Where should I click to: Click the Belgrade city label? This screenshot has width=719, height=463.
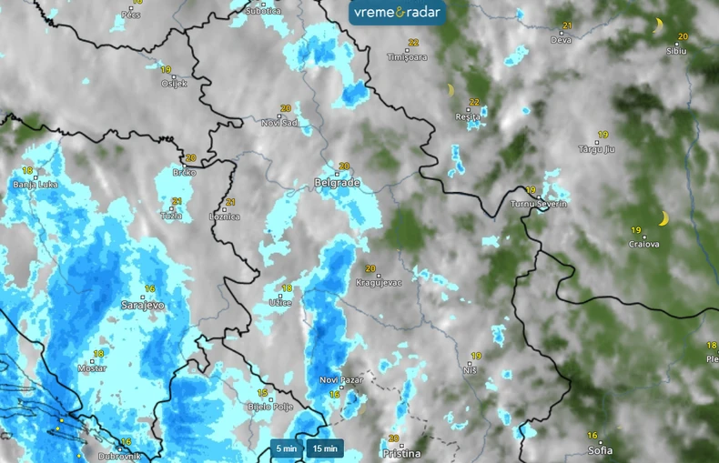338,183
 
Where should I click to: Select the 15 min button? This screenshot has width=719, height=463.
325,448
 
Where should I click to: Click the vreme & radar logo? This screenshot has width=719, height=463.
397,13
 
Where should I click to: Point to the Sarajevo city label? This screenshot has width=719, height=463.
143,306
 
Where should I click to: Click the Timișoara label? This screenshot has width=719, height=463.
406,56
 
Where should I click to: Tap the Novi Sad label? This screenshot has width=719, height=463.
279,122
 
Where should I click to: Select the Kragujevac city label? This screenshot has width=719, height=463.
379,283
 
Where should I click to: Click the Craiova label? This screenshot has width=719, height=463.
644,244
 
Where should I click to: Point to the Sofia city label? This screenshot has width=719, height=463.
600,450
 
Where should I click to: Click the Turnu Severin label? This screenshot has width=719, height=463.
539,204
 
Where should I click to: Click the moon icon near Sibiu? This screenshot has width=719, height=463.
658,25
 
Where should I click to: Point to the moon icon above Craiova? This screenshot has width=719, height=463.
664,218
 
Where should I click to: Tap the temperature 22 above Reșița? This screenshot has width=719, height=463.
474,102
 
